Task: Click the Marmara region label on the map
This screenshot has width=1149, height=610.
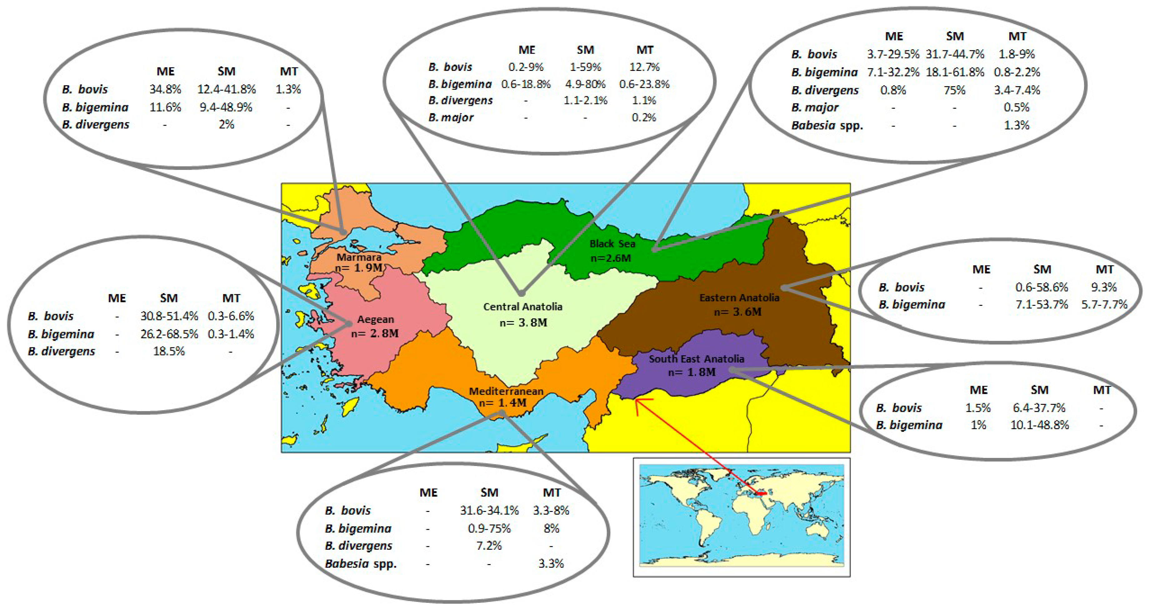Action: point(359,257)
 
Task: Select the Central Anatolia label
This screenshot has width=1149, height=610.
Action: point(523,307)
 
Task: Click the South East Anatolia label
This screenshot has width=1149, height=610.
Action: point(696,359)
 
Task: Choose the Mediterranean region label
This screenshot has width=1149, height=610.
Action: point(506,391)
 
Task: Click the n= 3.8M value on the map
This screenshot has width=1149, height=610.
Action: point(523,322)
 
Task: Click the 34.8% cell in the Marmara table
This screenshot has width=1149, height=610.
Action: point(165,89)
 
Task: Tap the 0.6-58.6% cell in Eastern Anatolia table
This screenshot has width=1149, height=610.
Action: point(1042,287)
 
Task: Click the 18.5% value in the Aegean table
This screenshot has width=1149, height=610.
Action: point(169,351)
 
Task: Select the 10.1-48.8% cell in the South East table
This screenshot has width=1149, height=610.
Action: point(1039,425)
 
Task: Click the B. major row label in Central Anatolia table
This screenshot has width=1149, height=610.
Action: point(451,118)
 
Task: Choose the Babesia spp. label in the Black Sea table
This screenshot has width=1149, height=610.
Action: point(827,125)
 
